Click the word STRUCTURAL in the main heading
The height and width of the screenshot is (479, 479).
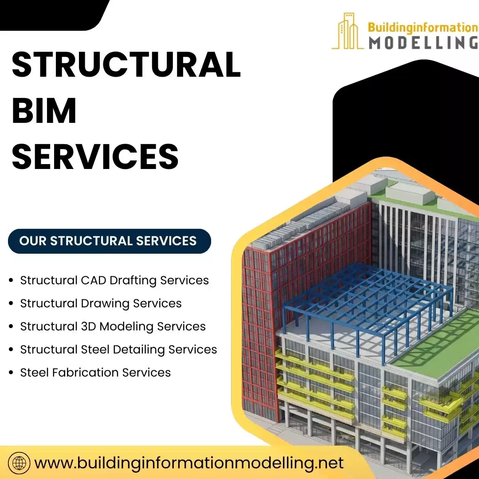(x=126, y=65)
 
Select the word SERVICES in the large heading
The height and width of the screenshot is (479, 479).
(x=95, y=156)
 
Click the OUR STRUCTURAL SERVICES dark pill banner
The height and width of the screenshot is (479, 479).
(x=109, y=241)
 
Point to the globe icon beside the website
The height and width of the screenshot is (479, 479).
(x=19, y=463)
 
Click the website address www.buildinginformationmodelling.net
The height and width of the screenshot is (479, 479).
(x=189, y=463)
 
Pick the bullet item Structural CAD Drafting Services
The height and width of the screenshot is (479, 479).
(x=114, y=280)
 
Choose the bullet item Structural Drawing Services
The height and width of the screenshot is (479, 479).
(x=101, y=303)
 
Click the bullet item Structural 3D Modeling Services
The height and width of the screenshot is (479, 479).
(x=113, y=326)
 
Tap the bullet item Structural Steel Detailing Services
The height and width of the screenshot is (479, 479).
(x=118, y=349)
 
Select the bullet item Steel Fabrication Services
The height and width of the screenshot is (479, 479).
(x=95, y=373)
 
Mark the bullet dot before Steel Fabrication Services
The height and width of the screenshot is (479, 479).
(x=11, y=373)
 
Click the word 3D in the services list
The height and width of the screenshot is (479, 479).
(x=89, y=326)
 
